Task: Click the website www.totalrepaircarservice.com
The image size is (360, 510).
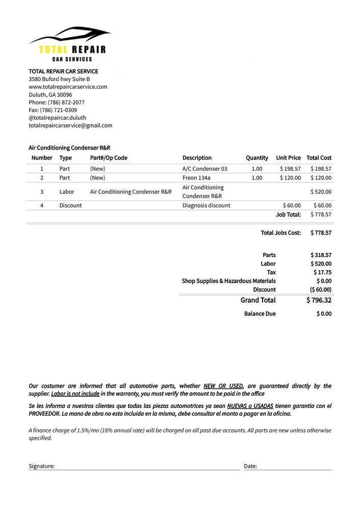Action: (x=68, y=87)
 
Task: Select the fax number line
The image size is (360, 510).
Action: (x=53, y=110)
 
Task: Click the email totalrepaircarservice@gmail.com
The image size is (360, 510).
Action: (x=70, y=125)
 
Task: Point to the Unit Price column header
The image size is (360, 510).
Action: (x=288, y=158)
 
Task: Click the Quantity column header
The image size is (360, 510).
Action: (x=256, y=158)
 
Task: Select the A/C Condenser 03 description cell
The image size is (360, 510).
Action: (x=204, y=168)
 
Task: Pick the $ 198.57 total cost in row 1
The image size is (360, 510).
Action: (x=321, y=168)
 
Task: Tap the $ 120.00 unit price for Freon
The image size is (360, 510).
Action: (x=290, y=177)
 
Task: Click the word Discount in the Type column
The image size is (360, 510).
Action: (x=70, y=205)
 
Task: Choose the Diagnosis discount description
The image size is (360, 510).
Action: (x=206, y=205)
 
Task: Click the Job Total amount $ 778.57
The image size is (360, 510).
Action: (x=321, y=214)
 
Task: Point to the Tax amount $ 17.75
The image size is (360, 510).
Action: (x=322, y=272)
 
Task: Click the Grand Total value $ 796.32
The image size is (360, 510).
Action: (x=319, y=300)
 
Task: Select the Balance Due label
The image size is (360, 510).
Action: (x=260, y=314)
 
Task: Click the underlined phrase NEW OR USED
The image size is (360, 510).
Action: (x=223, y=386)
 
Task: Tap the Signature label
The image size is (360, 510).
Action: (x=41, y=466)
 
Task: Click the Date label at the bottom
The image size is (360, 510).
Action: (x=250, y=466)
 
